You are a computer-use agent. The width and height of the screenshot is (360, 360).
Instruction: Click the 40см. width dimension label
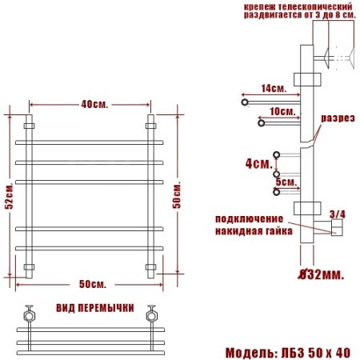pos(94,104)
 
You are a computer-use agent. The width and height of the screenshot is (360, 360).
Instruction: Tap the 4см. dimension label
pos(258,164)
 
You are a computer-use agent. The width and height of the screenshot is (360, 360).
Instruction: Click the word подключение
pos(249,218)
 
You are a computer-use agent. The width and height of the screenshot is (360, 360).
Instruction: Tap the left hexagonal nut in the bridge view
pos(30,314)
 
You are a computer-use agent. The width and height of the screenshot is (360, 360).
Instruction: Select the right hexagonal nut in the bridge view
pos(150,314)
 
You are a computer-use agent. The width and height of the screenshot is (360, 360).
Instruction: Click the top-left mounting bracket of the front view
pos(30,126)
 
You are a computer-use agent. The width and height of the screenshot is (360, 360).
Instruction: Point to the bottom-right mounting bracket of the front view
pos(150,266)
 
